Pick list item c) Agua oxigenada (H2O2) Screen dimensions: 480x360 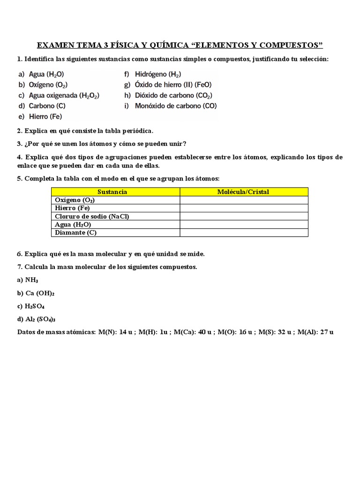pyautogui.click(x=59, y=95)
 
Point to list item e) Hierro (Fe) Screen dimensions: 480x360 pyautogui.click(x=40, y=116)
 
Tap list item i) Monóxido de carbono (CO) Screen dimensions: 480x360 pyautogui.click(x=171, y=106)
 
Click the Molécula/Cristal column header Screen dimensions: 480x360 pyautogui.click(x=244, y=192)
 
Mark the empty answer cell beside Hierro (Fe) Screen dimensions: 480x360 pyautogui.click(x=244, y=208)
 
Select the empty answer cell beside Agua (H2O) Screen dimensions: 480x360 pyautogui.click(x=244, y=225)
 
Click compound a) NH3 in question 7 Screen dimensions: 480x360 pyautogui.click(x=28, y=280)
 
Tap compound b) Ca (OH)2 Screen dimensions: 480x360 pyautogui.click(x=36, y=293)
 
